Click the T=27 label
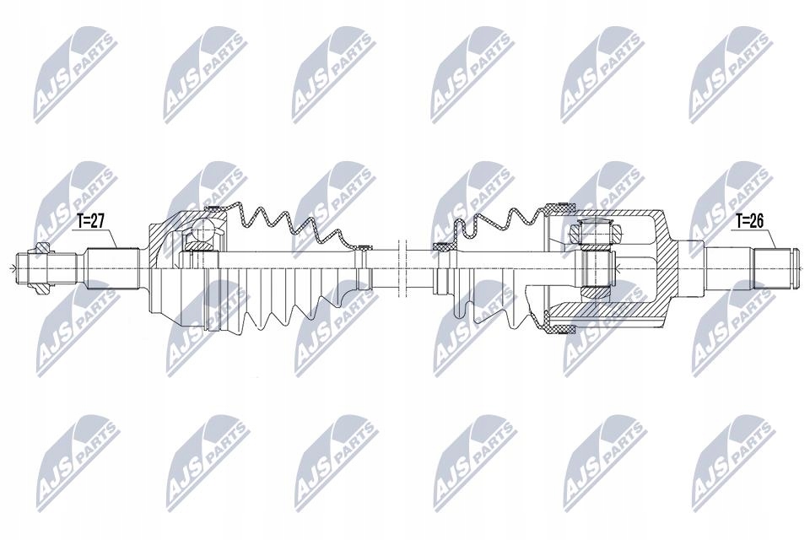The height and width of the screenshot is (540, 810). click(91, 221)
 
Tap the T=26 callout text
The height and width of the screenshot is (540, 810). click(749, 221)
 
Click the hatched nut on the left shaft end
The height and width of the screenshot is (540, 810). click(41, 268)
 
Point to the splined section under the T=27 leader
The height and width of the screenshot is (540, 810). click(113, 268)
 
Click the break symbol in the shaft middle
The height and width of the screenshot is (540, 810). click(402, 267)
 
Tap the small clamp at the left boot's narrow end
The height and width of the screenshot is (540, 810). click(364, 247)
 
